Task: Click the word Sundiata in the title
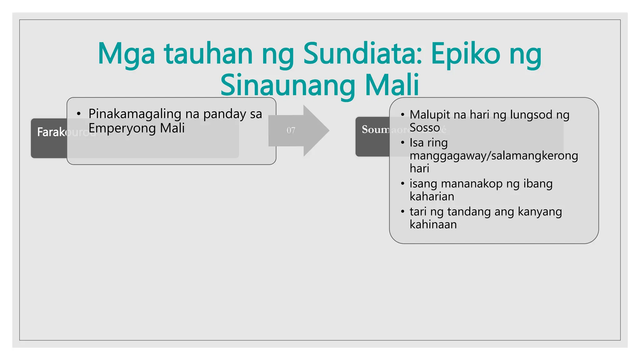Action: point(362,54)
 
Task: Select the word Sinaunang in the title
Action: point(287,85)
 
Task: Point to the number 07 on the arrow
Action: point(291,130)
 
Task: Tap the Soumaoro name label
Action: point(375,129)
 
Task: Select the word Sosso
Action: point(425,127)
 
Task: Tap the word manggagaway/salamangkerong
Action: point(494,156)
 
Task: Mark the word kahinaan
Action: point(433,224)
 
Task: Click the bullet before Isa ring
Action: point(402,143)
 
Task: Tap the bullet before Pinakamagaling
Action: point(79,114)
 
